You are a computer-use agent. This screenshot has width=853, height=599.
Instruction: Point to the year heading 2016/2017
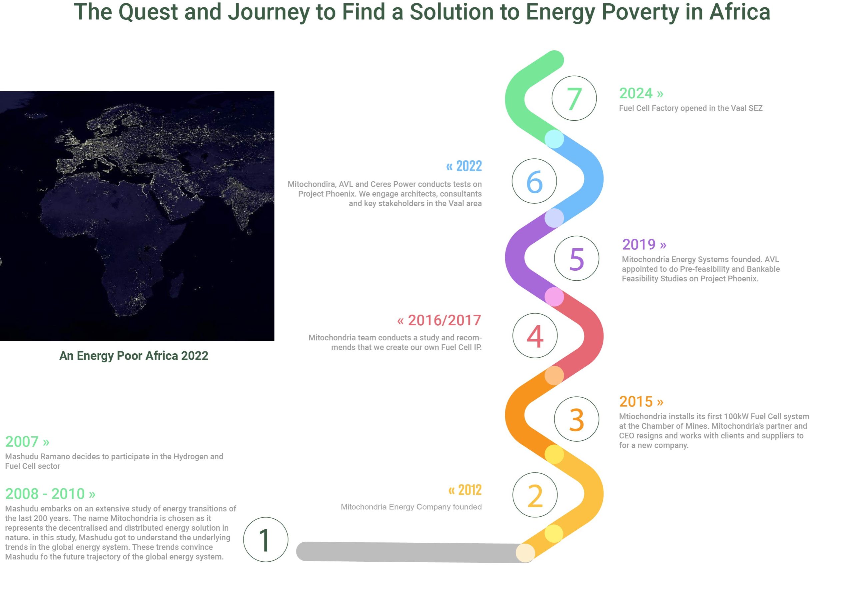[439, 320]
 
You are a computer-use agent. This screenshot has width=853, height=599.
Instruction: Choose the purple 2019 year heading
[644, 245]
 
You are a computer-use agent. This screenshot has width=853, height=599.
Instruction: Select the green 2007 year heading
[27, 441]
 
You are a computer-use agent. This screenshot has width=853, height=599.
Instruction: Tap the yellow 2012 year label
[465, 490]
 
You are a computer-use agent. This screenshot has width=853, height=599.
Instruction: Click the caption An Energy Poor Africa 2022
[134, 356]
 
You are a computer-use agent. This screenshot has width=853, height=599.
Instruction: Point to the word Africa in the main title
[740, 12]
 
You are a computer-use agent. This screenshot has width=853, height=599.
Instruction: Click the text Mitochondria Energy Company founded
[411, 507]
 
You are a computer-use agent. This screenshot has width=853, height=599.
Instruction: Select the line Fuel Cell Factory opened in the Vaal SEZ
[691, 108]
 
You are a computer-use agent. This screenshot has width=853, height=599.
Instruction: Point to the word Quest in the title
[148, 12]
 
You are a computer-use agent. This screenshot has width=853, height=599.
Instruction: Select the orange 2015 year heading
[641, 401]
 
